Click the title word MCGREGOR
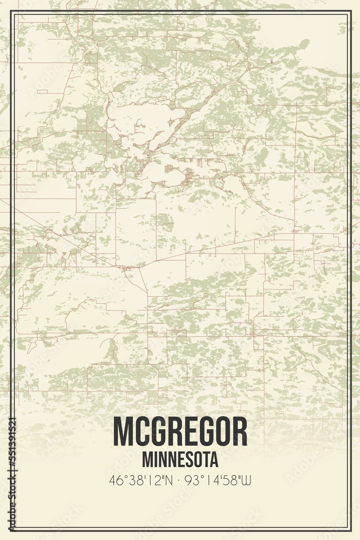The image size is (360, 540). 180,432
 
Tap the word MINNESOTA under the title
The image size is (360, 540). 180,460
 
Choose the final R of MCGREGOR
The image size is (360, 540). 240,432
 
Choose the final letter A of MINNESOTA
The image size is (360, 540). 214,460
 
